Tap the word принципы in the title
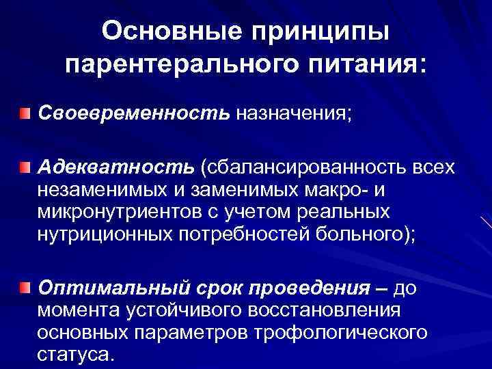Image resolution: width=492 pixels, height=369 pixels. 321,31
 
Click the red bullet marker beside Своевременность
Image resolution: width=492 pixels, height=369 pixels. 25,111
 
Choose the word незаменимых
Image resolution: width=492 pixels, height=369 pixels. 102,189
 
